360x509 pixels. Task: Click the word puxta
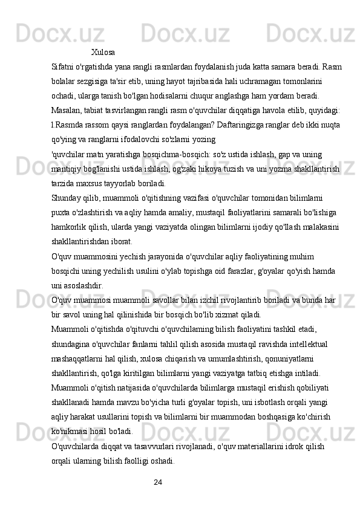[x=61, y=213]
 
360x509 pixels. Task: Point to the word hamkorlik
[x=70, y=227]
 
